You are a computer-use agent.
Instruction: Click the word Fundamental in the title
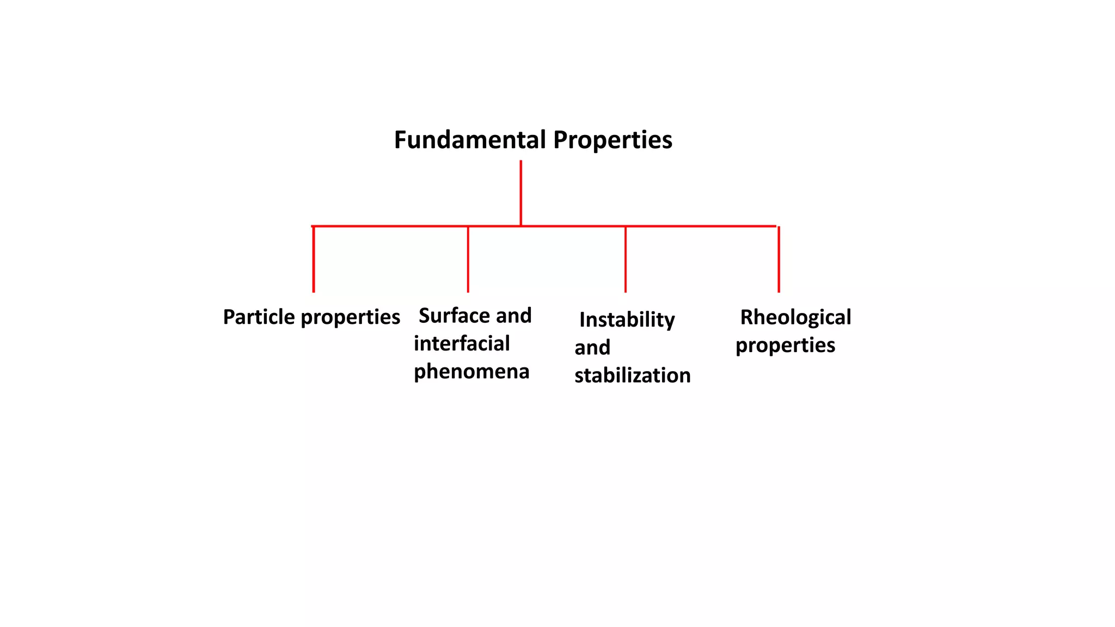click(x=470, y=140)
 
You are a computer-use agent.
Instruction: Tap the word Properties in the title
click(x=612, y=140)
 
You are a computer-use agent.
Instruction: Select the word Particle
click(x=259, y=317)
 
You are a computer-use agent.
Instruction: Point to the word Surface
click(x=454, y=316)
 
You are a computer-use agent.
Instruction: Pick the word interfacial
click(x=462, y=343)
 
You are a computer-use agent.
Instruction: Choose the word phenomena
click(x=471, y=372)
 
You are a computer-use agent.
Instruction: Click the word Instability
click(x=627, y=320)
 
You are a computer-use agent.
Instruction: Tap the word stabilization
click(x=632, y=376)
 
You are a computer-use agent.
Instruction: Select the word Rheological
click(x=795, y=317)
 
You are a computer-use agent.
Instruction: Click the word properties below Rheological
click(x=785, y=346)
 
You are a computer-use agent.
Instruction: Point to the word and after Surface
click(x=513, y=316)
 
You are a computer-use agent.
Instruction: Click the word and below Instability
click(x=592, y=348)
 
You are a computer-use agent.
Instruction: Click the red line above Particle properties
click(x=314, y=259)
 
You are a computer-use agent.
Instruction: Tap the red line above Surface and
click(x=468, y=259)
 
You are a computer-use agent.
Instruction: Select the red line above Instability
click(x=626, y=259)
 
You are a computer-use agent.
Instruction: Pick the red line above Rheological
click(x=779, y=259)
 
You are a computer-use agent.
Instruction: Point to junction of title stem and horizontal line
click(x=521, y=226)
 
